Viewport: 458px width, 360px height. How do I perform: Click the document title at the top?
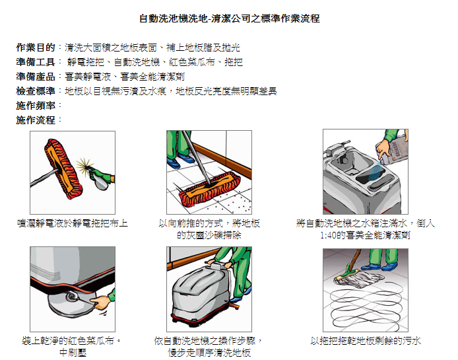click(x=230, y=18)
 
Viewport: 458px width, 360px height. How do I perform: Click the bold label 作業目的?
click(x=36, y=47)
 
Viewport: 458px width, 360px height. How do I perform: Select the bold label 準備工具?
click(x=36, y=61)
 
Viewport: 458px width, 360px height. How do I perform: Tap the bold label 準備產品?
click(x=36, y=77)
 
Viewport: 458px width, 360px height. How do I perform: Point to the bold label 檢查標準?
click(x=36, y=91)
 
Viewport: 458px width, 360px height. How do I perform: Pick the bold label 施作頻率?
click(x=36, y=105)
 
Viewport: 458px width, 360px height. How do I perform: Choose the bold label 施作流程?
click(x=36, y=120)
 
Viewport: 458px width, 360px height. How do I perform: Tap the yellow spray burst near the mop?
click(x=84, y=165)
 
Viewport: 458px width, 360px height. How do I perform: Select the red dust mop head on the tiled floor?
click(x=210, y=190)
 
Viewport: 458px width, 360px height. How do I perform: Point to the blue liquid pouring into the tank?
click(x=376, y=171)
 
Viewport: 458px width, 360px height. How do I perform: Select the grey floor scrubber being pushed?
click(x=201, y=295)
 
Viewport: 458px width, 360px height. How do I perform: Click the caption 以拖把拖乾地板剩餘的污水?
click(x=366, y=341)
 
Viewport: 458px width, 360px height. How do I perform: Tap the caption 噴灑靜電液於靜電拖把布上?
click(x=73, y=223)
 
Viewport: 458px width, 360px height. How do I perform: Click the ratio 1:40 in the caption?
click(x=328, y=235)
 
